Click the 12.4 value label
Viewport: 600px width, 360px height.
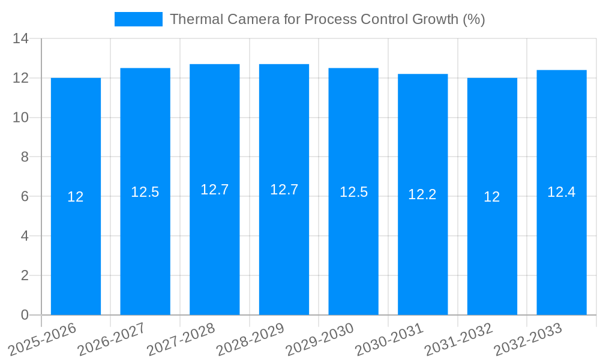[x=562, y=192]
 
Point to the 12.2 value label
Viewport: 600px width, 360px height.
[x=422, y=194]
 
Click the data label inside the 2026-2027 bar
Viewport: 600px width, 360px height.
[x=145, y=192]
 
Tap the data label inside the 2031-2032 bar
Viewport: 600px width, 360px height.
[x=492, y=197]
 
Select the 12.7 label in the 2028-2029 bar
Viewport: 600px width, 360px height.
[x=284, y=190]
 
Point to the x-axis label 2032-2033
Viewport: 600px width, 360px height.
[x=527, y=340]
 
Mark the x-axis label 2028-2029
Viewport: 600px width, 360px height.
[x=250, y=340]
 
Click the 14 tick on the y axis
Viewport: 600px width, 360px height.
[x=21, y=38]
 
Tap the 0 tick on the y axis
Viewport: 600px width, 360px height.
[x=25, y=315]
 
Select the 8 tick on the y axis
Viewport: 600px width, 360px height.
[x=25, y=157]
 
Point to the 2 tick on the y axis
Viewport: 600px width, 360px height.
[x=25, y=275]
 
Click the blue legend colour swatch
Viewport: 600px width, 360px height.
[x=139, y=19]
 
